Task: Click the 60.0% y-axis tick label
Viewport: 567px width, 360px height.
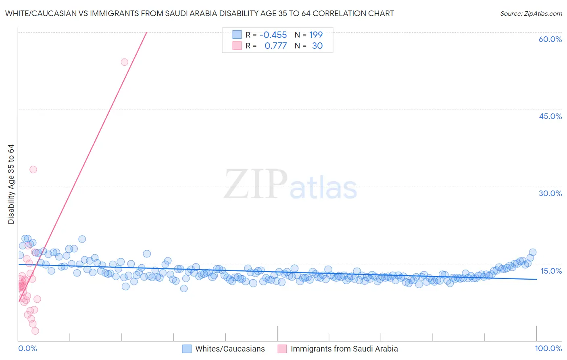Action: (550, 39)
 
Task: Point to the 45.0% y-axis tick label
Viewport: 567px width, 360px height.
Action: (550, 116)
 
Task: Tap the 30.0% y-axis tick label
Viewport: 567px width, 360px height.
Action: (550, 193)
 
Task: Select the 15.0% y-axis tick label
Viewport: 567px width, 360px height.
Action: (551, 271)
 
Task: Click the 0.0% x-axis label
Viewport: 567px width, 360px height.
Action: (27, 348)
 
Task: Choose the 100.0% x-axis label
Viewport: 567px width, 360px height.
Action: (548, 348)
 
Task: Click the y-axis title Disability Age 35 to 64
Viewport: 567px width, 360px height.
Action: (11, 184)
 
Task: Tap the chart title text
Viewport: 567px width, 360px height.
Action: (200, 13)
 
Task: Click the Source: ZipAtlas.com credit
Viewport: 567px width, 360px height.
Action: (531, 13)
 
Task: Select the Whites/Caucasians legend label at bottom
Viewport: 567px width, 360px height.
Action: (230, 349)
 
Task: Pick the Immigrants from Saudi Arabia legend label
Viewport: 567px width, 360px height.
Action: (344, 349)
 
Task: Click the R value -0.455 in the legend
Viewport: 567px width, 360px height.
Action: (273, 35)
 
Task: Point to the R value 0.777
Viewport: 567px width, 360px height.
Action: (275, 46)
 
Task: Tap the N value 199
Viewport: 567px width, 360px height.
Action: (316, 35)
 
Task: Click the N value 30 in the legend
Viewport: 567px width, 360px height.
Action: (317, 46)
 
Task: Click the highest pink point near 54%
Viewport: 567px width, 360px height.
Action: (124, 62)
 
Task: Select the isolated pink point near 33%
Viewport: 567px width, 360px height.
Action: (33, 170)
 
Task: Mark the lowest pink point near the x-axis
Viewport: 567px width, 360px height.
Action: (35, 331)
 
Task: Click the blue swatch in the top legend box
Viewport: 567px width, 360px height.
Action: (237, 35)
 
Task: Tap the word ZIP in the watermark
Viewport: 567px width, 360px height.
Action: (256, 184)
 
